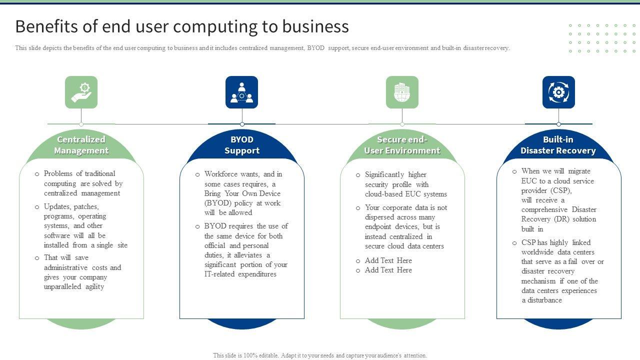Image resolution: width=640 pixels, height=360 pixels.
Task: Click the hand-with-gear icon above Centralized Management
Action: pyautogui.click(x=81, y=92)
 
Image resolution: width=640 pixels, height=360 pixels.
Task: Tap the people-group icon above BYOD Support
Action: pyautogui.click(x=241, y=92)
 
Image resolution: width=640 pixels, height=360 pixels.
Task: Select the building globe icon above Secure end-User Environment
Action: pyautogui.click(x=402, y=92)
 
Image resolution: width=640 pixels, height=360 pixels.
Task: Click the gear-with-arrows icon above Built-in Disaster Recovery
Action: pyautogui.click(x=558, y=92)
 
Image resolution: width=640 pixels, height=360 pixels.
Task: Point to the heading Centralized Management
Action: pyautogui.click(x=81, y=145)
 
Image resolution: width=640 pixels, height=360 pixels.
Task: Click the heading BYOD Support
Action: pyautogui.click(x=242, y=145)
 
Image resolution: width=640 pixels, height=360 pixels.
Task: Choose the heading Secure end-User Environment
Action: pyautogui.click(x=402, y=145)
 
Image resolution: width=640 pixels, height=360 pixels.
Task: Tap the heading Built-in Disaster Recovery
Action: pyautogui.click(x=558, y=145)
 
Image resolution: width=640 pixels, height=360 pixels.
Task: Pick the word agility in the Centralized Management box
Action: pyautogui.click(x=95, y=287)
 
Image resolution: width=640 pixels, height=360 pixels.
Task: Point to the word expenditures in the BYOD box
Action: pyautogui.click(x=257, y=274)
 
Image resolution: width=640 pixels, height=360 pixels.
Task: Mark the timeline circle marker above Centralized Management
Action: pyautogui.click(x=81, y=124)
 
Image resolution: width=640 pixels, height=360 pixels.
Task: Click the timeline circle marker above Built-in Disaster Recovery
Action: pyautogui.click(x=558, y=124)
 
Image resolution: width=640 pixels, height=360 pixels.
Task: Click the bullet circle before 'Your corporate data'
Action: pyautogui.click(x=358, y=208)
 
